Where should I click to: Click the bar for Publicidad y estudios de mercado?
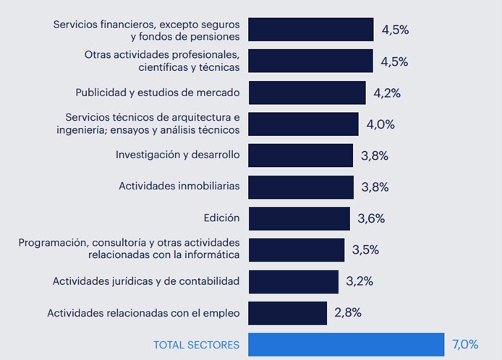click(x=307, y=93)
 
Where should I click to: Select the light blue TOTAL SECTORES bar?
click(x=346, y=345)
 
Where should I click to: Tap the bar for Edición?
click(x=299, y=218)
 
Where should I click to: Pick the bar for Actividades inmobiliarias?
click(x=300, y=187)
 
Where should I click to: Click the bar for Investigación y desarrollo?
click(x=300, y=155)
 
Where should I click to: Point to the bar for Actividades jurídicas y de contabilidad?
click(x=293, y=281)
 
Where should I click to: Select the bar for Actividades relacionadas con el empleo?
click(x=287, y=313)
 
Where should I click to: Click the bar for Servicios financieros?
click(x=310, y=30)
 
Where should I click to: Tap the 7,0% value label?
click(x=466, y=344)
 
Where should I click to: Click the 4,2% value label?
click(x=387, y=93)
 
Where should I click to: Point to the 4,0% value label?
click(x=380, y=124)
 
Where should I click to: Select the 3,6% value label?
click(x=371, y=218)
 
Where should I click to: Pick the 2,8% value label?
click(x=348, y=313)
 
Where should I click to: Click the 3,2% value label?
click(x=360, y=281)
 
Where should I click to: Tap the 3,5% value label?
click(x=365, y=249)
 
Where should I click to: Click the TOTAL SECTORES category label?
click(x=196, y=345)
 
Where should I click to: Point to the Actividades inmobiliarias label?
click(x=179, y=187)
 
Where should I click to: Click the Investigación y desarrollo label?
click(x=177, y=155)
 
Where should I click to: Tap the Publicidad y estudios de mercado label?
click(x=158, y=93)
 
